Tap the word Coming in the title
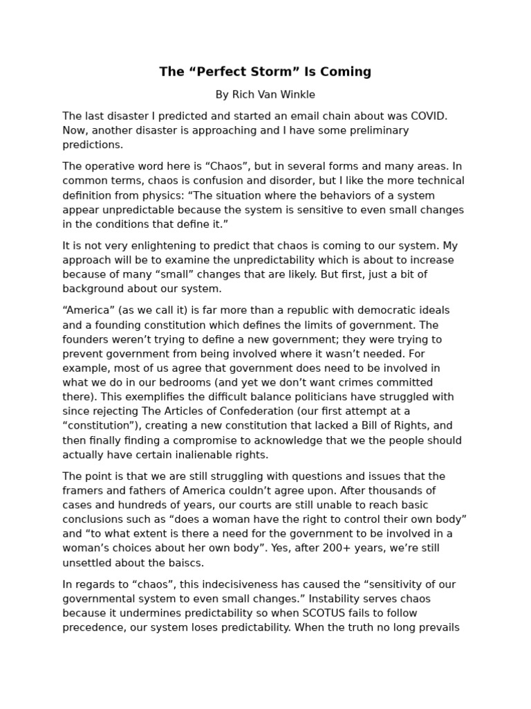347,72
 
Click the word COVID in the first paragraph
425,116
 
